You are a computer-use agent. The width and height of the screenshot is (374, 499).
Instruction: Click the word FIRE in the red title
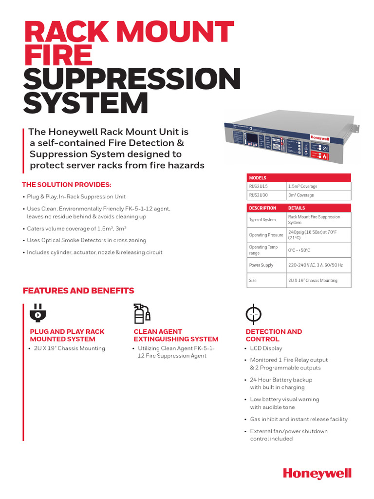(x=58, y=55)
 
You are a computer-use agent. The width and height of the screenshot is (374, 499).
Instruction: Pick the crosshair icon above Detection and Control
(x=253, y=314)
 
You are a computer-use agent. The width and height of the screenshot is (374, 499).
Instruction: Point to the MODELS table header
(x=258, y=178)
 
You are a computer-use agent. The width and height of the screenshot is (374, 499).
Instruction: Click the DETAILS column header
(x=297, y=208)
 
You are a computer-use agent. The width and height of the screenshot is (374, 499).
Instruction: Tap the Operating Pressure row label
(x=266, y=235)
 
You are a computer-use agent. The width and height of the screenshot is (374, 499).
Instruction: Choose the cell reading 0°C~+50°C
(x=299, y=250)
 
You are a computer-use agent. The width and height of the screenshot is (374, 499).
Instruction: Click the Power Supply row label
(x=261, y=265)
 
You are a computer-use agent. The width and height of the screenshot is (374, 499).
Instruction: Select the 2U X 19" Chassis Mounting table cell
(x=313, y=280)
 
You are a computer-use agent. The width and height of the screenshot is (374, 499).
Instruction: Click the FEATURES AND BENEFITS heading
(x=78, y=291)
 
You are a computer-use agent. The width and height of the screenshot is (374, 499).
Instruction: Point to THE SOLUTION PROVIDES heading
(x=67, y=185)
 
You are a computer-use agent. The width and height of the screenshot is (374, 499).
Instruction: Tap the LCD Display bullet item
(x=266, y=348)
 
